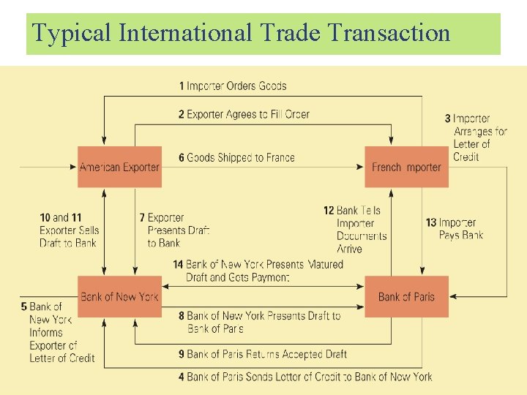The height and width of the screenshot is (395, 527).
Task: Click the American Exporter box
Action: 119,167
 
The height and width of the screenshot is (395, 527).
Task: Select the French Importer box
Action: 406,167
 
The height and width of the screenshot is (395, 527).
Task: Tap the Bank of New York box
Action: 119,296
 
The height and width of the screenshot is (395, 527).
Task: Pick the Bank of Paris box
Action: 406,296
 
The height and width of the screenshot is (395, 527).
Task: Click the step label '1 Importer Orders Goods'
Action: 233,86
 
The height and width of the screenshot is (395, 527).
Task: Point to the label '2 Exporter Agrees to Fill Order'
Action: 244,114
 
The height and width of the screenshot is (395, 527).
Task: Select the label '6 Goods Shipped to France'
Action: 236,157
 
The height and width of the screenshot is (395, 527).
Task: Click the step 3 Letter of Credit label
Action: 476,138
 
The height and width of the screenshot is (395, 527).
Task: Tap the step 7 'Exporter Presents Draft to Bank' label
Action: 174,230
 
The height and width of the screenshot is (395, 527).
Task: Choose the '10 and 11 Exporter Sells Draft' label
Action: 70,230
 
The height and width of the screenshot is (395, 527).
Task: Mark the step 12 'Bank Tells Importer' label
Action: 355,230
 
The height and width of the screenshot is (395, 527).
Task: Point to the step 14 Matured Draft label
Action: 258,271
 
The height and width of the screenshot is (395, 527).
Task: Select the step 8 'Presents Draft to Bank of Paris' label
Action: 259,323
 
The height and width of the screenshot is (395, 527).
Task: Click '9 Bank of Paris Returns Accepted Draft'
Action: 263,354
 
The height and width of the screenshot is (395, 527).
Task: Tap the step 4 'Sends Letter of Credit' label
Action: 305,377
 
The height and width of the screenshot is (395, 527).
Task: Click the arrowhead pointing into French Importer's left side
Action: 360,167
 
